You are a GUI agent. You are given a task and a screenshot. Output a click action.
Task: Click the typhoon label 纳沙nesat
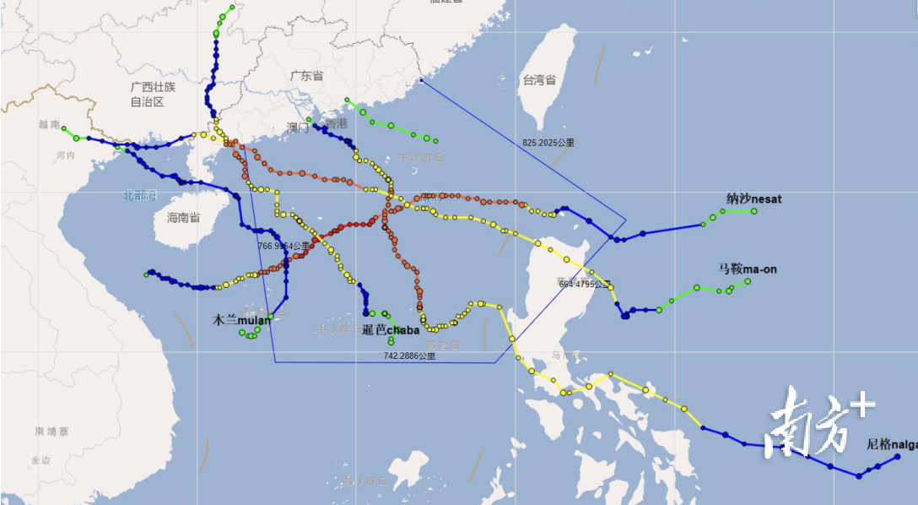point(753,199)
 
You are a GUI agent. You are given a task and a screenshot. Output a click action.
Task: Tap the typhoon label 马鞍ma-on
point(748,269)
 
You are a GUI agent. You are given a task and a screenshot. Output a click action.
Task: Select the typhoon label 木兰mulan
point(242,320)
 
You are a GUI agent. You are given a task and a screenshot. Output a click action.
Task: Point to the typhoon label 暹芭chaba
point(391,329)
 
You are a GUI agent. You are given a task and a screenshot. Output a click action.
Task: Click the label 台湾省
point(539,80)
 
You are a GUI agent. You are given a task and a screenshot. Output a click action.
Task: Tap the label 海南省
point(183,218)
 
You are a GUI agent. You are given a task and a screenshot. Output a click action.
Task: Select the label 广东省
point(307,76)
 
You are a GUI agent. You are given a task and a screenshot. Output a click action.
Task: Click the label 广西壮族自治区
point(153,94)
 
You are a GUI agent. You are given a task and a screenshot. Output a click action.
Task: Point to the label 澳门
point(298,127)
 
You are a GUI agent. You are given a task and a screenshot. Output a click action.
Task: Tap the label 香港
point(336,123)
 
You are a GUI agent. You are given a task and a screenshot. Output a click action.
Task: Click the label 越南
point(49,124)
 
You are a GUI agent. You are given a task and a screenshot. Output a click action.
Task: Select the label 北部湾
point(140,196)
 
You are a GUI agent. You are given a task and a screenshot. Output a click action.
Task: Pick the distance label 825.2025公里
point(548,143)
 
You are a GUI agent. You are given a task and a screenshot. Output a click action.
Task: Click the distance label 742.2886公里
point(409,356)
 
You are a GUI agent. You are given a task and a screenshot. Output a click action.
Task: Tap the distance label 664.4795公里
point(585,285)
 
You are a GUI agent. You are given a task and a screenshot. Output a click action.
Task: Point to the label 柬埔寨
point(51,431)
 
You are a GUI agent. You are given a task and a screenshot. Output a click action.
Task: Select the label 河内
point(65,155)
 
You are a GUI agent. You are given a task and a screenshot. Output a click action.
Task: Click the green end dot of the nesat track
point(754,210)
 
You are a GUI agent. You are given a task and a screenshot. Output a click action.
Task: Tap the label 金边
point(40,460)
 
